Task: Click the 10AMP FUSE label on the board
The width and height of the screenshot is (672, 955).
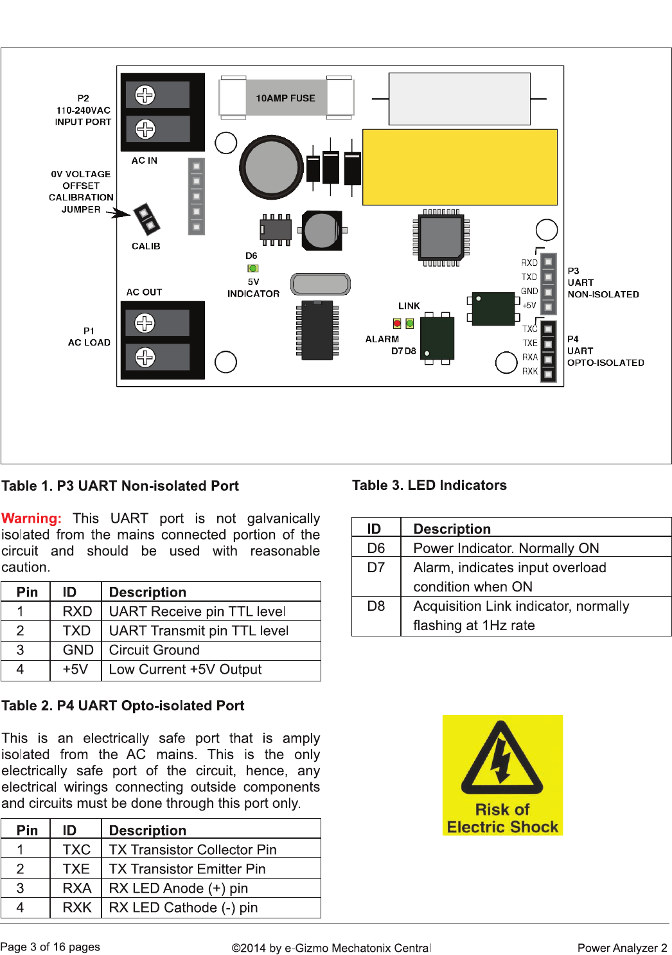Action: coord(285,98)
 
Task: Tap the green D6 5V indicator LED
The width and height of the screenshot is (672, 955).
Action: coord(253,268)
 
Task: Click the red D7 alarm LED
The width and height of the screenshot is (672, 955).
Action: coord(398,324)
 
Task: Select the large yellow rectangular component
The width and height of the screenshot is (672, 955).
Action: coord(459,167)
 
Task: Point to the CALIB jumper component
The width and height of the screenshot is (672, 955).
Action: coord(146,218)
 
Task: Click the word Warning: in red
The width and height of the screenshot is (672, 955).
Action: coord(31,518)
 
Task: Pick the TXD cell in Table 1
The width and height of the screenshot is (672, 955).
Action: coord(76,631)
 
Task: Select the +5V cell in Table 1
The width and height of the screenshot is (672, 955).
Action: coord(75,669)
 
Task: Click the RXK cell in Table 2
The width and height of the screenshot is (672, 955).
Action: coord(76,907)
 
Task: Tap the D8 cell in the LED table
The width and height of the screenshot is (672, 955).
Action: coord(376,606)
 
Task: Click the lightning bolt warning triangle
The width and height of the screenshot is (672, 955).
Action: coord(502,758)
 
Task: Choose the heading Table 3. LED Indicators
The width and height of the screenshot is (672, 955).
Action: coord(429,486)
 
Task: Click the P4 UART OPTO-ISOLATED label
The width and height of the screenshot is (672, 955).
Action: coord(605,351)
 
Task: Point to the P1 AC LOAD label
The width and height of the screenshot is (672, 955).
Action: coord(89,337)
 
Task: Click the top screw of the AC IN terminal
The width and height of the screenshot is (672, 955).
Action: coord(145,95)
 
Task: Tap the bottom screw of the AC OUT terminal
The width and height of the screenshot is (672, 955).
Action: coord(145,357)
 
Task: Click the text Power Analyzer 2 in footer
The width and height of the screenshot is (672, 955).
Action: coord(622,947)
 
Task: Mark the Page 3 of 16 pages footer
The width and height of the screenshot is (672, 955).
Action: coord(50,947)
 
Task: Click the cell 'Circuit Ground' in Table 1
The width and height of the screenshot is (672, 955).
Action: coord(154,650)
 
